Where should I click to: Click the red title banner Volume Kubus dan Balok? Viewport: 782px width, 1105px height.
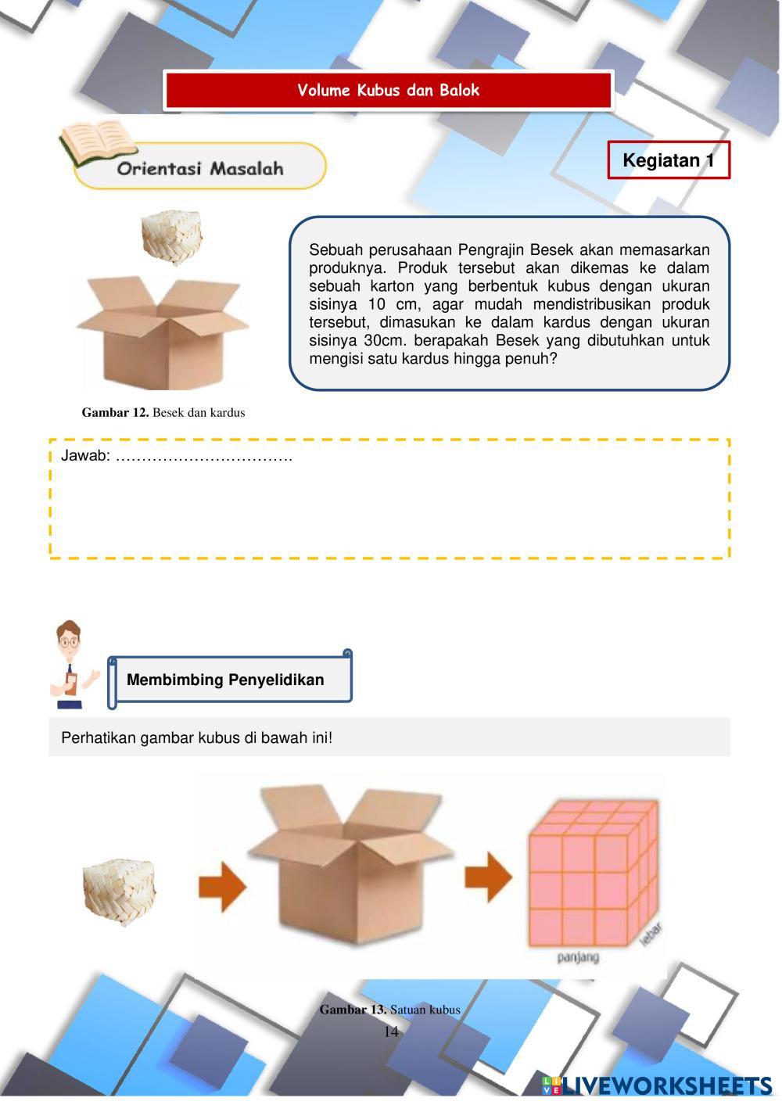click(388, 91)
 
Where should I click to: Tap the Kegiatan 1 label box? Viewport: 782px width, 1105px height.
click(668, 161)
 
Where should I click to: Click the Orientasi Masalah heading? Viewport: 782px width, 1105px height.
click(200, 169)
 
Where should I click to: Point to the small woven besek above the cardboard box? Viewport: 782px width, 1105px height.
click(172, 236)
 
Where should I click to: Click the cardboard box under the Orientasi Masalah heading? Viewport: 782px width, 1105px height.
click(162, 328)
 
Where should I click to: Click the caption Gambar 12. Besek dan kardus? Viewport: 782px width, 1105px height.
click(163, 413)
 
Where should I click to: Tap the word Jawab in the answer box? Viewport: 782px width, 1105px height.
click(84, 456)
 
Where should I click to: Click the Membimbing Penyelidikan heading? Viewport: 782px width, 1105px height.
click(225, 680)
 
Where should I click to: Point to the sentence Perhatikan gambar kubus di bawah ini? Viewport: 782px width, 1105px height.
click(196, 737)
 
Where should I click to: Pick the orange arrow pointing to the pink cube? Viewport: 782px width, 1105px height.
click(488, 875)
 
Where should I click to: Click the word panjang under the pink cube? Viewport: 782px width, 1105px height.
click(578, 956)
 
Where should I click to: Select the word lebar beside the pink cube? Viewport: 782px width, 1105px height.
click(651, 935)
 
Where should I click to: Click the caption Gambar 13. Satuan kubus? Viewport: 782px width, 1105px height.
click(389, 1010)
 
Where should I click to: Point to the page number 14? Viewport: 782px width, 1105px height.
click(391, 1031)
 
